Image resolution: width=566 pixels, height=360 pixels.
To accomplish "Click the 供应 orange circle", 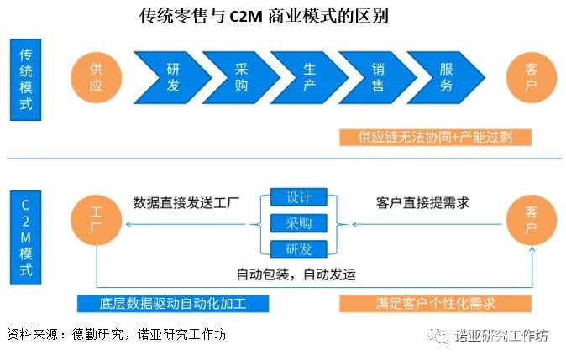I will pyautogui.click(x=97, y=77).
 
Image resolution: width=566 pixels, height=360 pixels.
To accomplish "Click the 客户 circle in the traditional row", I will pyautogui.click(x=531, y=77).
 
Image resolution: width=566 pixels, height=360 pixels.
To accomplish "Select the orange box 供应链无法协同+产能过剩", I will pyautogui.click(x=435, y=137).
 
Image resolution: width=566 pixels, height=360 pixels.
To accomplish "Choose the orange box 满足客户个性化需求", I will pyautogui.click(x=435, y=303).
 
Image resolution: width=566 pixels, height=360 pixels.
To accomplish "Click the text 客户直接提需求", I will pyautogui.click(x=422, y=202).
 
